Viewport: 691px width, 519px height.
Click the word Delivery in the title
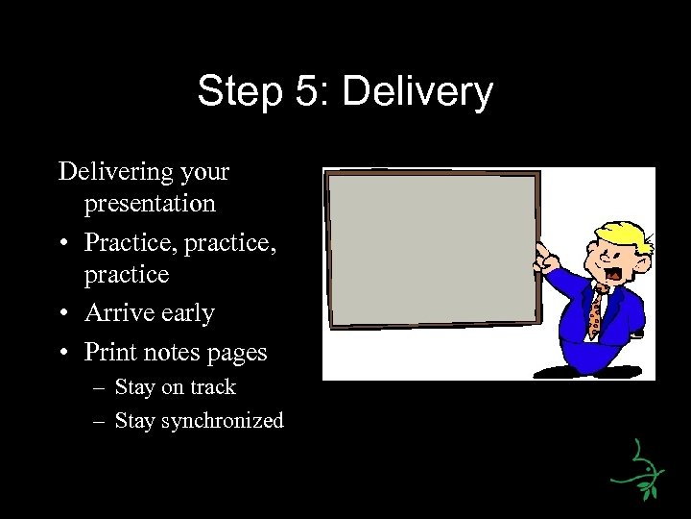tap(417, 92)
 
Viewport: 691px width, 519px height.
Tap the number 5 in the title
tap(301, 92)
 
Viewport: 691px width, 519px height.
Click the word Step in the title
tap(235, 92)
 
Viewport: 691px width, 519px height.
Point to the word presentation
tap(150, 204)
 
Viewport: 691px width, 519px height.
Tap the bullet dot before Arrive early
tap(63, 314)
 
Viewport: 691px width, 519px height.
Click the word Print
tap(108, 353)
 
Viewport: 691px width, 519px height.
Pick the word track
tap(212, 387)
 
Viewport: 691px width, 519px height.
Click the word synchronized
tap(224, 421)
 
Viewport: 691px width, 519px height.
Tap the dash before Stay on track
tap(100, 388)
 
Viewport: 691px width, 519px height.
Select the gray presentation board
tap(431, 250)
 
